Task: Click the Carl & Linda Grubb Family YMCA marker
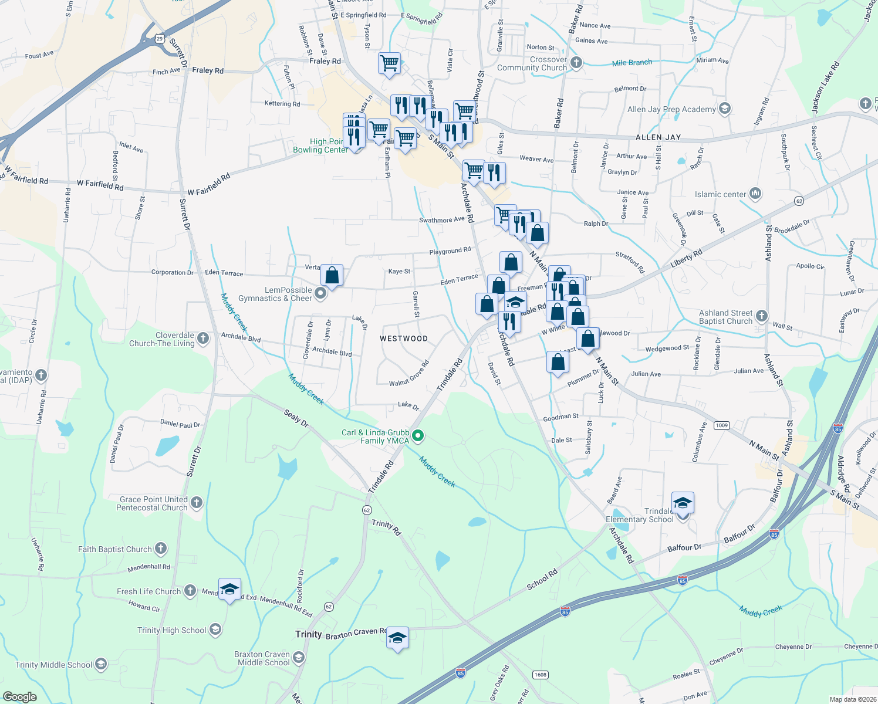418,436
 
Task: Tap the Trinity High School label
171,630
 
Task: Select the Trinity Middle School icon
101,664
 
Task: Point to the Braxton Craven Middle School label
262,658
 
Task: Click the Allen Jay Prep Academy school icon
725,109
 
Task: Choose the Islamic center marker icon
755,193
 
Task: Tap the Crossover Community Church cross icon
576,63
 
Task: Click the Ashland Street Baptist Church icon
761,316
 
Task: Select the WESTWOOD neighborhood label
404,339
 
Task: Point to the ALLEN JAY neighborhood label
658,137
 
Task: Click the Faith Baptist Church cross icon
161,549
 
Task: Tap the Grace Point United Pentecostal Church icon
197,503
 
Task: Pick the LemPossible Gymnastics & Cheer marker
320,293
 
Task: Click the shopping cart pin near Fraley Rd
389,63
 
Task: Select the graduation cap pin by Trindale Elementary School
683,503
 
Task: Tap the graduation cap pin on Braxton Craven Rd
397,638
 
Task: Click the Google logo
19,697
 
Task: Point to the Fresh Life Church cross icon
190,591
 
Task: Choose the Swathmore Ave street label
441,220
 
